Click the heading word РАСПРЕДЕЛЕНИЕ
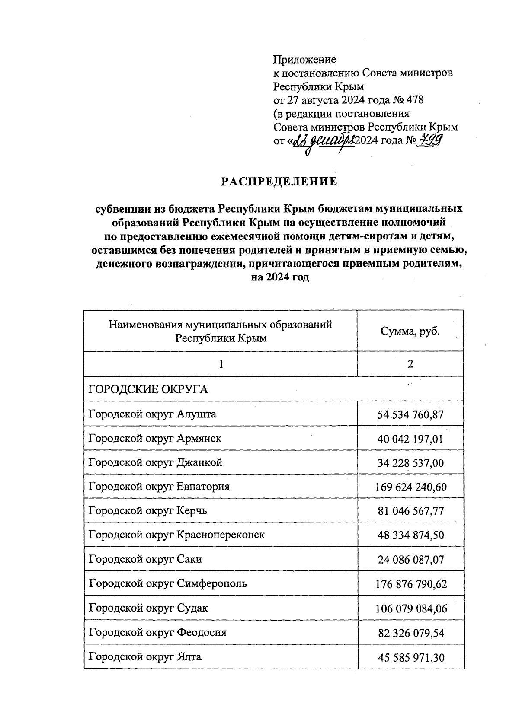[x=279, y=182]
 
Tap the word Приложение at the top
[x=304, y=59]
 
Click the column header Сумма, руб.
[x=410, y=331]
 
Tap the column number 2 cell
[x=410, y=364]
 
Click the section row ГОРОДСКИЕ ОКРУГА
[x=148, y=389]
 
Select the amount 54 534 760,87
[x=410, y=415]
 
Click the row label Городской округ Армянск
[x=155, y=438]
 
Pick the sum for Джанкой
[x=410, y=463]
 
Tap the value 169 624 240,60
[x=410, y=487]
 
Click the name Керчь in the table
[x=192, y=510]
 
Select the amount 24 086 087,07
[x=410, y=560]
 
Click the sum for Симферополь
[x=410, y=584]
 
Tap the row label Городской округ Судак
[x=148, y=608]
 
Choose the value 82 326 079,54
[x=410, y=633]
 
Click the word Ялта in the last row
[x=189, y=657]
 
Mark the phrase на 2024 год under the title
[x=280, y=277]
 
